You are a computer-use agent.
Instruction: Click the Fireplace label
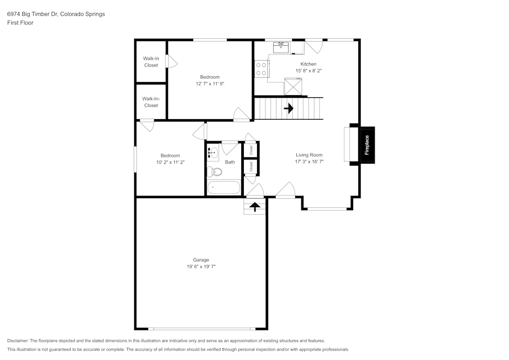(367, 145)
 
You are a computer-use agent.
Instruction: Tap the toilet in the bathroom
(214, 172)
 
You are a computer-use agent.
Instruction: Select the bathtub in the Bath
(223, 187)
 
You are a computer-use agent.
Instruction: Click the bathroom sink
(213, 152)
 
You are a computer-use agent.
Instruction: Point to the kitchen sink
(281, 47)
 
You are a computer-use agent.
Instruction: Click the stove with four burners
(261, 69)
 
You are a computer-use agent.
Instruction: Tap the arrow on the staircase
(289, 108)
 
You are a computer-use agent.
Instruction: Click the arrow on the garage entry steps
(255, 206)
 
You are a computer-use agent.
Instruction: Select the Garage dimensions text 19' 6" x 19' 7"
(201, 266)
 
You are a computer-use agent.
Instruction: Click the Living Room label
(309, 155)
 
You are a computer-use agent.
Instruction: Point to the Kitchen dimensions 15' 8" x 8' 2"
(308, 70)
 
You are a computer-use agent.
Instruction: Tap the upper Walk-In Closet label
(151, 62)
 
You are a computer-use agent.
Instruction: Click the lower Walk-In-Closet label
(151, 102)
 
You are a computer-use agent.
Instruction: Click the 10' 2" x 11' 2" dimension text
(171, 162)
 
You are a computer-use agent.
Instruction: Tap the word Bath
(230, 162)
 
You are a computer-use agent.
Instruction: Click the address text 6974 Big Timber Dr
(33, 14)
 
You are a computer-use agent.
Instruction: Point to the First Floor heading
(20, 23)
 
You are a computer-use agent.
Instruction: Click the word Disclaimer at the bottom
(17, 341)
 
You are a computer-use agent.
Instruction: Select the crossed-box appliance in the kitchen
(293, 87)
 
